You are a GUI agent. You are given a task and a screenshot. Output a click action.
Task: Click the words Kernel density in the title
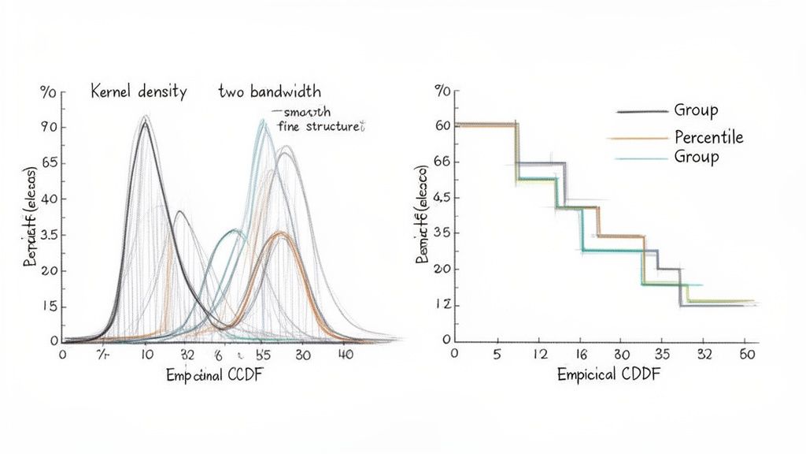point(138,92)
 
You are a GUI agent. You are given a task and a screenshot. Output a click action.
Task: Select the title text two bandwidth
point(269,92)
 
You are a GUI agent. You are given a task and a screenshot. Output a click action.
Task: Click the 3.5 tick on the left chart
point(48,235)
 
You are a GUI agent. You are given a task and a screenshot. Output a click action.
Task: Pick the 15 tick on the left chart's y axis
point(49,307)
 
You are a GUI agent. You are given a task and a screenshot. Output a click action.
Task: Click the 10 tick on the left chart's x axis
point(146,355)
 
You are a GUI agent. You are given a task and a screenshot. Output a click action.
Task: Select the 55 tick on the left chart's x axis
point(263,355)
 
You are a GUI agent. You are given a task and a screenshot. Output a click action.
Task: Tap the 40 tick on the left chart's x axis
point(344,355)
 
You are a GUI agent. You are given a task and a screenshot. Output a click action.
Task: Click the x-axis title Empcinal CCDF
point(215,376)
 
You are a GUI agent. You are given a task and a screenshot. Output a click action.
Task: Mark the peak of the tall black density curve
point(144,123)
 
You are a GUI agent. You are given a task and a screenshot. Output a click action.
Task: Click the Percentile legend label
point(708,137)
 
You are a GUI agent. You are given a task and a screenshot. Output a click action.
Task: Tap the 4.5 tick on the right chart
point(442,198)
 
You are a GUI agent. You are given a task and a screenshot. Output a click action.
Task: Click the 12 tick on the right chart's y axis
point(442,305)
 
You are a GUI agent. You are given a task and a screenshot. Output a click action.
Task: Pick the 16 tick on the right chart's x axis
point(582,355)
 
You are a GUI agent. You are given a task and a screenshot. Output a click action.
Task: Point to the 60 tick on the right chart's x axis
point(748,355)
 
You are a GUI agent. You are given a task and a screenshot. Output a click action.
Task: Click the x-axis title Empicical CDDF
point(608,375)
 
